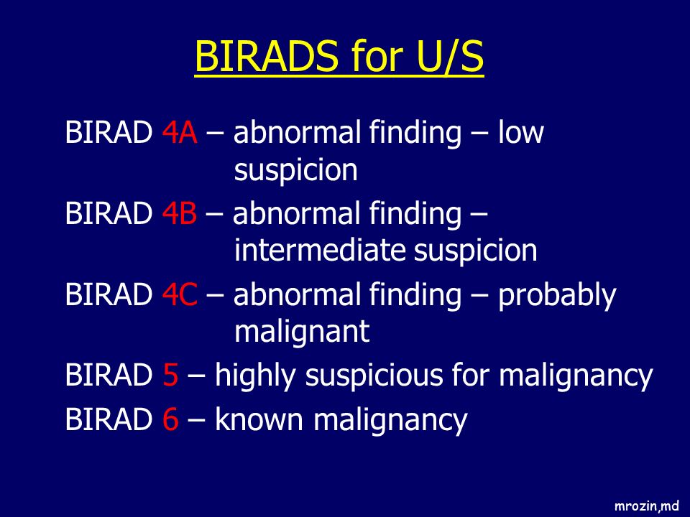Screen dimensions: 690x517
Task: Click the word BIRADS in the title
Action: (x=267, y=56)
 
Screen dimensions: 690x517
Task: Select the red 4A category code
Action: (x=180, y=132)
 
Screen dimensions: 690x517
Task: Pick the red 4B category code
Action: (x=179, y=213)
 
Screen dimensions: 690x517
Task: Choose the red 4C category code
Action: (x=180, y=294)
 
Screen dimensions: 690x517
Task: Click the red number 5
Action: (x=170, y=375)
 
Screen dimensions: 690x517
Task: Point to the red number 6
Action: (x=170, y=419)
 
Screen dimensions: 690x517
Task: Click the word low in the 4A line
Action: (x=520, y=131)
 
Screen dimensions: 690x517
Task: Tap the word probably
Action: (x=556, y=296)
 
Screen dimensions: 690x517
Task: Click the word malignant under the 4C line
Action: (x=302, y=332)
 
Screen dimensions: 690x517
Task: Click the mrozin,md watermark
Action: (x=646, y=506)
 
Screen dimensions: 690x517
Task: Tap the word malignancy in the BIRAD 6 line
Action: (x=390, y=421)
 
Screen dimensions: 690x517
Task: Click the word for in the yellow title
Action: (x=377, y=56)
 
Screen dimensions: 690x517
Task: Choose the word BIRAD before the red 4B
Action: (x=109, y=213)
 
